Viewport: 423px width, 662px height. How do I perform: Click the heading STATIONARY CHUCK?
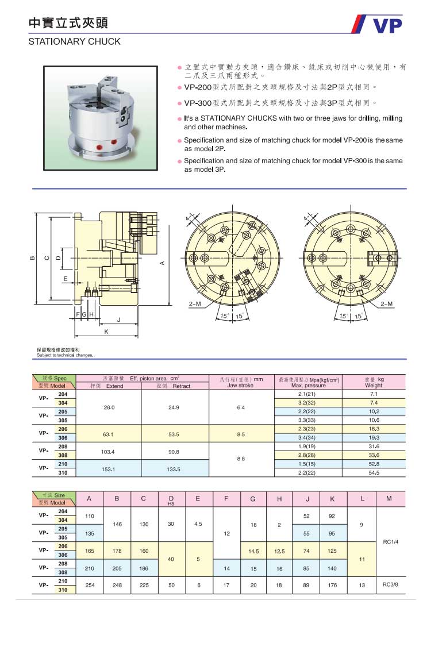point(75,41)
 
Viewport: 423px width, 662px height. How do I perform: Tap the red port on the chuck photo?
point(102,148)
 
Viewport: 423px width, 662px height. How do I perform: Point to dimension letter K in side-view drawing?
point(106,332)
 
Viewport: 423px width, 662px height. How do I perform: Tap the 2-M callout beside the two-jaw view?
point(386,303)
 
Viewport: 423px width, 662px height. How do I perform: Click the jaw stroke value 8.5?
point(241,434)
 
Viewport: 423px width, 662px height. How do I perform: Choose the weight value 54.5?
point(374,472)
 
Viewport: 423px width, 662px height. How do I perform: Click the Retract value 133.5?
point(174,469)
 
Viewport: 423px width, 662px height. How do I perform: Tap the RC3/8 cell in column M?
point(390,584)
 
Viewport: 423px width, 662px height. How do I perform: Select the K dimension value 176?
point(332,584)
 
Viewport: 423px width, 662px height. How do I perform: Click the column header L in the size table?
point(362,499)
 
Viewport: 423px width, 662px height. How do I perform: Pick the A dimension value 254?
point(90,584)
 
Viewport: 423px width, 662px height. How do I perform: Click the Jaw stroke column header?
point(241,382)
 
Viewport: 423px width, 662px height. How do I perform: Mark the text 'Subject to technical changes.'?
point(65,355)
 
